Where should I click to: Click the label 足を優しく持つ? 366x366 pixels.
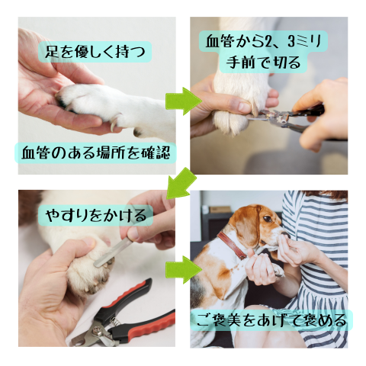(95, 52)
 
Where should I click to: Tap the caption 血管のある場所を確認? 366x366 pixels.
(95, 153)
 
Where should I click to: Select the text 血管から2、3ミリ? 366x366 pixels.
(264, 41)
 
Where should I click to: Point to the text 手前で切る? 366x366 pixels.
(263, 63)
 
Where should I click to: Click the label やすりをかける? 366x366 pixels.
(96, 215)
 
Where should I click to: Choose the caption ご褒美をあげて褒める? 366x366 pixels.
(271, 320)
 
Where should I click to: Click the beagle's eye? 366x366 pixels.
(268, 219)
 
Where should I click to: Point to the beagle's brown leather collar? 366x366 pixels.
(232, 245)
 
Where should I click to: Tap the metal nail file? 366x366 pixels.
(114, 252)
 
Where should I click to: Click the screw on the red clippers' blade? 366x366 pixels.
(97, 330)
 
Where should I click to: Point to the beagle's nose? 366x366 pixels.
(287, 235)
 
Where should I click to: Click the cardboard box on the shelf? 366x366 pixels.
(220, 210)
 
